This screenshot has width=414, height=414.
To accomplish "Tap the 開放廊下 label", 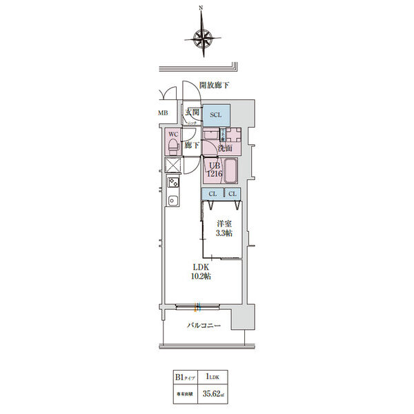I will click(x=214, y=85).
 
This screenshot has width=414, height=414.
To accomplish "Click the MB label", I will click(x=163, y=113).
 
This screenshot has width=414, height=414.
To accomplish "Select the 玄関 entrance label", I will click(x=192, y=112).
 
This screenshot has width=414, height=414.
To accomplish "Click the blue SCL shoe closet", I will click(x=215, y=115).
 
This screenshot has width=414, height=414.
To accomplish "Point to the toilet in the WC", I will click(x=171, y=146).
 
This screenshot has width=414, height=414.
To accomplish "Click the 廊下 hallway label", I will click(x=193, y=146).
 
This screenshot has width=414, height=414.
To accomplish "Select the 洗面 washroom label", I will click(x=224, y=148).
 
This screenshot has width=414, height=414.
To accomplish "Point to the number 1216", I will click(x=213, y=175).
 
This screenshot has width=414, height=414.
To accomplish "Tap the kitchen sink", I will click(x=173, y=201).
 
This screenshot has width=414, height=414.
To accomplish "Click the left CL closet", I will click(x=213, y=195).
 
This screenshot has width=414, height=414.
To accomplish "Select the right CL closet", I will click(x=233, y=195).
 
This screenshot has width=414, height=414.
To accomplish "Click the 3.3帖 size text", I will click(x=223, y=234).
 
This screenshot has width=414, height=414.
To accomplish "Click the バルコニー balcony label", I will click(x=204, y=325).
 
